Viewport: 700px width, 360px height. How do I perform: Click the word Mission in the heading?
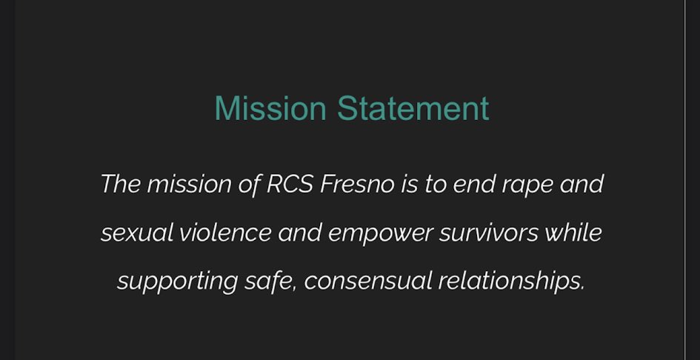270,108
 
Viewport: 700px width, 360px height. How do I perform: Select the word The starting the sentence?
120,183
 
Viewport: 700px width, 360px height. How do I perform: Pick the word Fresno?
357,183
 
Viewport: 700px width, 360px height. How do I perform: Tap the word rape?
527,183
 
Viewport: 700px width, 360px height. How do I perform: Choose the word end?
472,183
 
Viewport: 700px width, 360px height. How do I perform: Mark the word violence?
225,233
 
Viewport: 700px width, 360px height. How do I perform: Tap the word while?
573,233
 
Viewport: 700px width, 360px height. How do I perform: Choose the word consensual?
367,281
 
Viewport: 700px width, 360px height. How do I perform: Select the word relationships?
508,281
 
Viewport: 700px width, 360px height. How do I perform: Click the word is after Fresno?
410,183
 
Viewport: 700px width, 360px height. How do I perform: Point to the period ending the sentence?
582,288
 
